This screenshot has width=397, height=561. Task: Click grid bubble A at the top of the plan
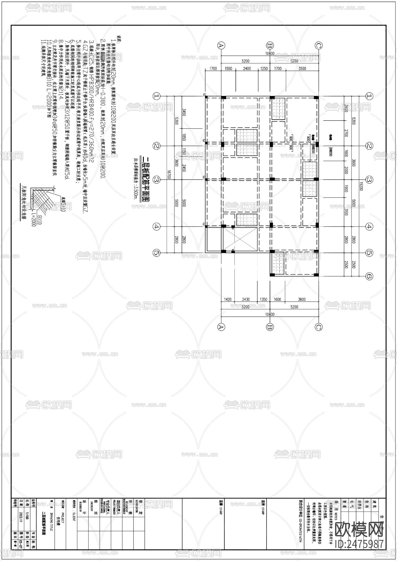point(221,46)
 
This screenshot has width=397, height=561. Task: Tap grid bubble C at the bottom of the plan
point(318,327)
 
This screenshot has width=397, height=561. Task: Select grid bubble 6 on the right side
point(369,276)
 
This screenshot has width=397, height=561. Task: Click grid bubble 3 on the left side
point(157,180)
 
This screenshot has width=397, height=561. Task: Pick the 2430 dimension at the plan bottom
point(245,299)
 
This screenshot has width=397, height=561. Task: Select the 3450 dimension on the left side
point(184,112)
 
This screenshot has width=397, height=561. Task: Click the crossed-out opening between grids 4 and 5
point(240,239)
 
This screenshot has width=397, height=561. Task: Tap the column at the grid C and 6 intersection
point(316,275)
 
